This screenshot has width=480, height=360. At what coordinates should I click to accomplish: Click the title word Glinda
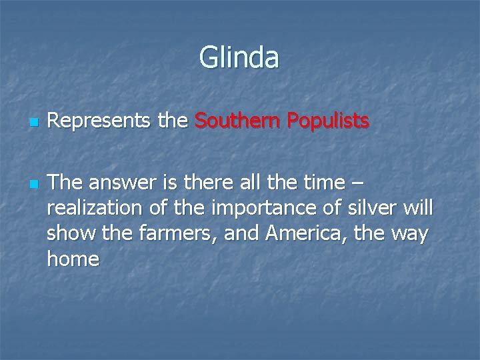pyautogui.click(x=239, y=57)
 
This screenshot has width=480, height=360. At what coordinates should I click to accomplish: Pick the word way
pyautogui.click(x=413, y=235)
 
